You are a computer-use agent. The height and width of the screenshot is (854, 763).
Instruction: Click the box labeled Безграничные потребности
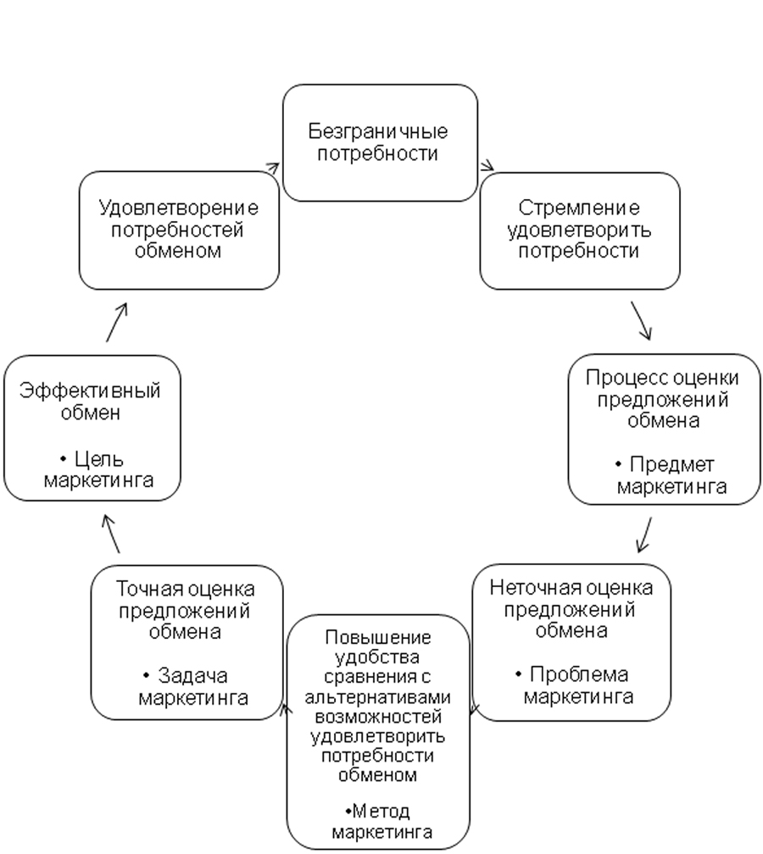pyautogui.click(x=379, y=142)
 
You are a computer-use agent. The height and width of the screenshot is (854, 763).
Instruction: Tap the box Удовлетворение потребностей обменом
pyautogui.click(x=179, y=230)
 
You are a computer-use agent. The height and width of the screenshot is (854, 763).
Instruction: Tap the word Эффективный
pyautogui.click(x=90, y=391)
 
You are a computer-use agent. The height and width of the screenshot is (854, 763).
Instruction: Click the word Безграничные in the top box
pyautogui.click(x=379, y=132)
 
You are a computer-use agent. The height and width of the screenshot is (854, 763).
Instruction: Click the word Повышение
pyautogui.click(x=378, y=637)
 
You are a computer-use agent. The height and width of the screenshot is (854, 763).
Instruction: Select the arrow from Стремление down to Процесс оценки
pyautogui.click(x=640, y=321)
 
